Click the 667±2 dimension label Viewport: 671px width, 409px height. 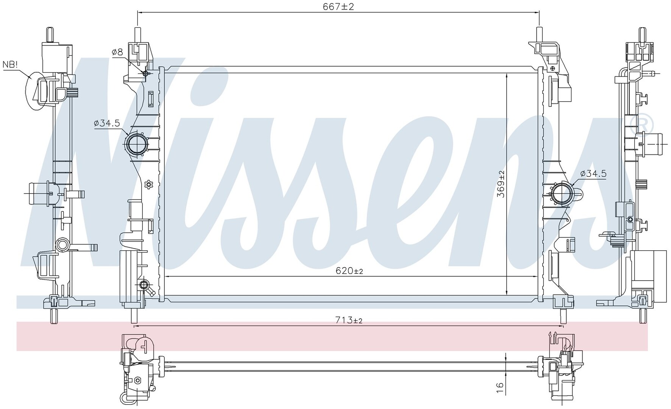click(338, 6)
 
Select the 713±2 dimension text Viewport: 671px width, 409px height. click(349, 320)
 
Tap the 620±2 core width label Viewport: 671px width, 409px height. click(349, 271)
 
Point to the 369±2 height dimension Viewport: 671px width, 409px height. click(501, 184)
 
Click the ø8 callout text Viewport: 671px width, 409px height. click(117, 53)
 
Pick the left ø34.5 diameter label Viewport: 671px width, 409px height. click(107, 123)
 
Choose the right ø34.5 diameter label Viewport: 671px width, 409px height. click(593, 173)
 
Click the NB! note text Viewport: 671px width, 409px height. click(10, 64)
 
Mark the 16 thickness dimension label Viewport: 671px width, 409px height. click(500, 387)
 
